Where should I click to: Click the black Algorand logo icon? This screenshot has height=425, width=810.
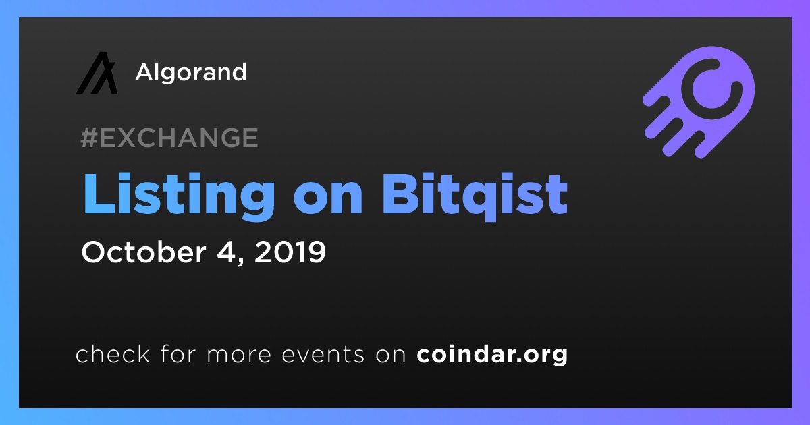(x=97, y=73)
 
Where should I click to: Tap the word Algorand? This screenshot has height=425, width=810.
(x=191, y=73)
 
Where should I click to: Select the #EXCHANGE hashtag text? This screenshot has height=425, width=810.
(x=169, y=138)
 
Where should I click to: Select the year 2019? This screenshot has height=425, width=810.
(x=290, y=252)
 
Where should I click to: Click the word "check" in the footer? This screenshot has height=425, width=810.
(x=113, y=353)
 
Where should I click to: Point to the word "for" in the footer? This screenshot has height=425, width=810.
(x=178, y=353)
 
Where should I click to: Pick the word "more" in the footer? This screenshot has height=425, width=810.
(x=239, y=356)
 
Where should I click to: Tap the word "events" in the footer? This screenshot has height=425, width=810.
(x=323, y=356)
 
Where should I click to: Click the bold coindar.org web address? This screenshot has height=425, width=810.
(x=492, y=355)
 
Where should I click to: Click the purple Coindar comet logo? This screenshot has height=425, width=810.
(x=699, y=103)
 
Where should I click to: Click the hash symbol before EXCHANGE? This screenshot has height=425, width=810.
(x=89, y=138)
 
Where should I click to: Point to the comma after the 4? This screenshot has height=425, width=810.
(x=240, y=260)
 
